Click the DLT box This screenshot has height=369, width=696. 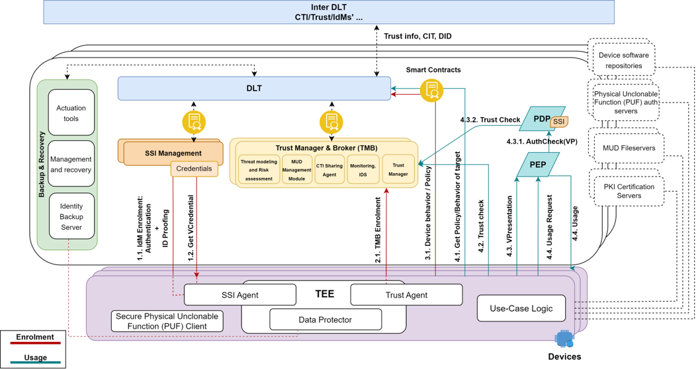click(x=254, y=89)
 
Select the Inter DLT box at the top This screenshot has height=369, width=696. click(x=329, y=12)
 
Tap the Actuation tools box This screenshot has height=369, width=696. click(x=71, y=113)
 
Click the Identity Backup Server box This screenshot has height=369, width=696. click(x=71, y=216)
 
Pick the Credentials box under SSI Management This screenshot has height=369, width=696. click(x=194, y=169)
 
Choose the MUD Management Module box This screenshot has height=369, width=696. click(x=296, y=170)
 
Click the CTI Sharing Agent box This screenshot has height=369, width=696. click(x=329, y=170)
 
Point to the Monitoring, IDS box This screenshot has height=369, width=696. click(x=363, y=170)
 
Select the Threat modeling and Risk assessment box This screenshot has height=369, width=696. click(x=259, y=170)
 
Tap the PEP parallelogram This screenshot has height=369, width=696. click(x=537, y=165)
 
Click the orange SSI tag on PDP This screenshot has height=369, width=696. click(x=559, y=122)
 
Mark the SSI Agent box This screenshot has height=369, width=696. click(x=239, y=295)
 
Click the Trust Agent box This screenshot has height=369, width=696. click(x=406, y=295)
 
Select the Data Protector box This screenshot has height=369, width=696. click(x=326, y=320)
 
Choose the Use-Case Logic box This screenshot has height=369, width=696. click(x=521, y=308)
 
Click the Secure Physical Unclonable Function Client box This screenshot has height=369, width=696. click(x=167, y=321)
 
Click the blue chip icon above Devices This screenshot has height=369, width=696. click(x=564, y=339)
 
